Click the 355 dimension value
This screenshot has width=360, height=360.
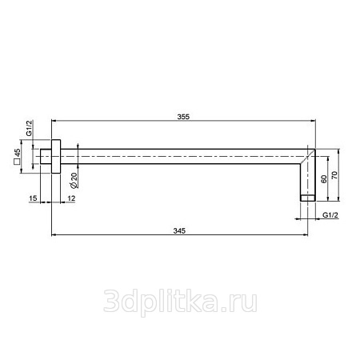click(183, 117)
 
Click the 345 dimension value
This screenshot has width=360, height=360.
click(179, 230)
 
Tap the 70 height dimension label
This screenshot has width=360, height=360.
click(334, 175)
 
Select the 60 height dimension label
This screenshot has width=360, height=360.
click(324, 179)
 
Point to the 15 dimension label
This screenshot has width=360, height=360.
click(33, 198)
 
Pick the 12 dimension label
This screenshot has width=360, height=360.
click(71, 198)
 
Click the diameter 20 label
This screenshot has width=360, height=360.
click(74, 181)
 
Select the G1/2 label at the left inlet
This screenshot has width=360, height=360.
click(29, 128)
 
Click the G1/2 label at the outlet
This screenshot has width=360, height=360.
click(330, 215)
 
